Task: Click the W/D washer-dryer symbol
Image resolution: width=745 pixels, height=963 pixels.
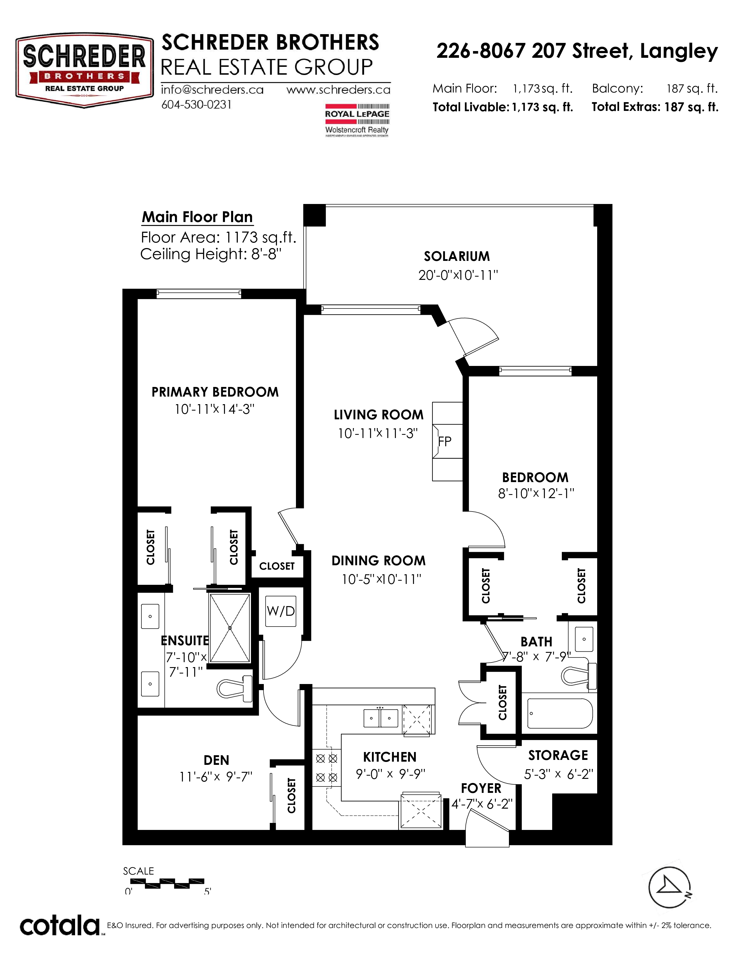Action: coord(281,611)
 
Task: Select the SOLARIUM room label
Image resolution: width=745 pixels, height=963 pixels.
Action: coord(457,256)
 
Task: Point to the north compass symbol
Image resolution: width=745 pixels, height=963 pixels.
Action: coord(670,888)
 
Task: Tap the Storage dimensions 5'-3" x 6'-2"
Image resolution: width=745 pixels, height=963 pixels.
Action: coord(558,774)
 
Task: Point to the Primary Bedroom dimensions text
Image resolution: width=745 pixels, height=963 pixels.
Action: coord(214,409)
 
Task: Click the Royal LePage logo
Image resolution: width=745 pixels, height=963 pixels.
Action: coord(357,120)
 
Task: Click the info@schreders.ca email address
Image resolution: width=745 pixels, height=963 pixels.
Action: coord(212,90)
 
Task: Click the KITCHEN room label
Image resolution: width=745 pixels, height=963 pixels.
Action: coord(390,757)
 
